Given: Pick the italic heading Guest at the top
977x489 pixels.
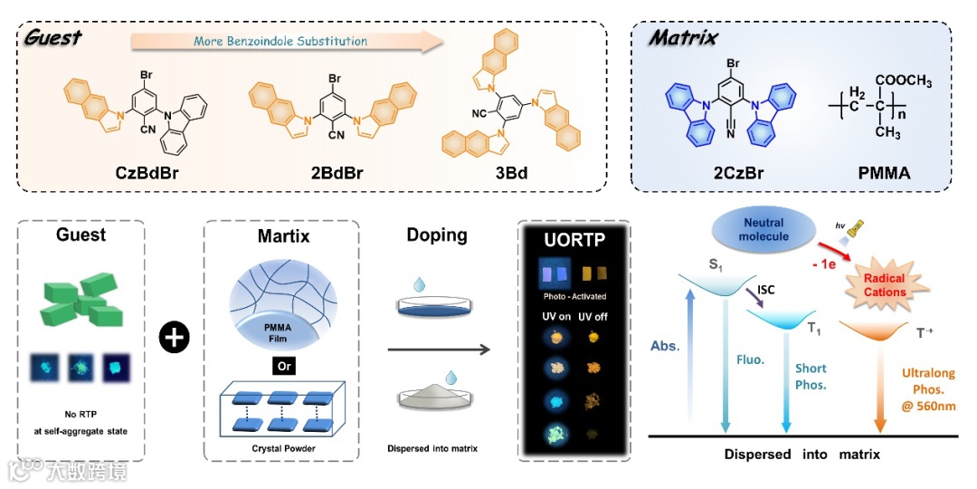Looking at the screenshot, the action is (x=52, y=37).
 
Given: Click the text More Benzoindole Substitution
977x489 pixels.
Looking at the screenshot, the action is (x=280, y=41).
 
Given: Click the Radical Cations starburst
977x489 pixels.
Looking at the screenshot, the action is (x=885, y=286).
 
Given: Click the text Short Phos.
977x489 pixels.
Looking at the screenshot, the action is (x=811, y=375).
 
